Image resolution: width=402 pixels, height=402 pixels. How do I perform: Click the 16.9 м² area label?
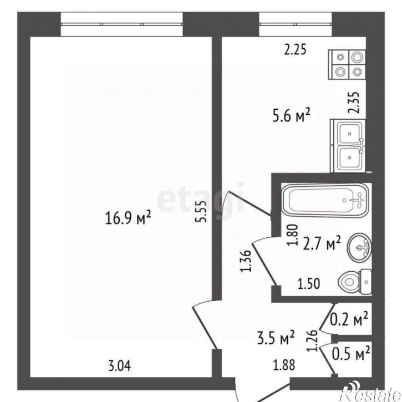(128, 218)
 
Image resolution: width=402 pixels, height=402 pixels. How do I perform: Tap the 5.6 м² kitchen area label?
(291, 115)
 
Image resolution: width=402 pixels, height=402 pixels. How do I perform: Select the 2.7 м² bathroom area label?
(322, 243)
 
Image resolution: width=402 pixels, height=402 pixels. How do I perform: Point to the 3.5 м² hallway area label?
(276, 338)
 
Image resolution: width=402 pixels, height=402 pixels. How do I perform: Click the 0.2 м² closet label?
(349, 319)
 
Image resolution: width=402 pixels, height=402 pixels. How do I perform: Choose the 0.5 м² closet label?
(351, 353)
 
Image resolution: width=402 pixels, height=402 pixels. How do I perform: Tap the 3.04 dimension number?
(119, 365)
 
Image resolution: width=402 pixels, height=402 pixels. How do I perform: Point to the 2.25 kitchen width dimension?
(296, 49)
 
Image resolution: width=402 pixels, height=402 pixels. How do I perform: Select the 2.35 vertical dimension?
(354, 103)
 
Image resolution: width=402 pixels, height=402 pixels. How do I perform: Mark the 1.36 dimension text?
(246, 261)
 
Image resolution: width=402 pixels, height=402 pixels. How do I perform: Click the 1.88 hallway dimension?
(284, 365)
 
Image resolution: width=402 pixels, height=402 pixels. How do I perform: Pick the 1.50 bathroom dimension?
(309, 284)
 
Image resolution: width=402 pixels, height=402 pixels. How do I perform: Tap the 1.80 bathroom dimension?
(293, 235)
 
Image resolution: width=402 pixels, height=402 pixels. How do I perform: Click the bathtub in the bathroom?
(325, 200)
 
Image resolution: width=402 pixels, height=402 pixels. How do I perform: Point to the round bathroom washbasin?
(359, 248)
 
